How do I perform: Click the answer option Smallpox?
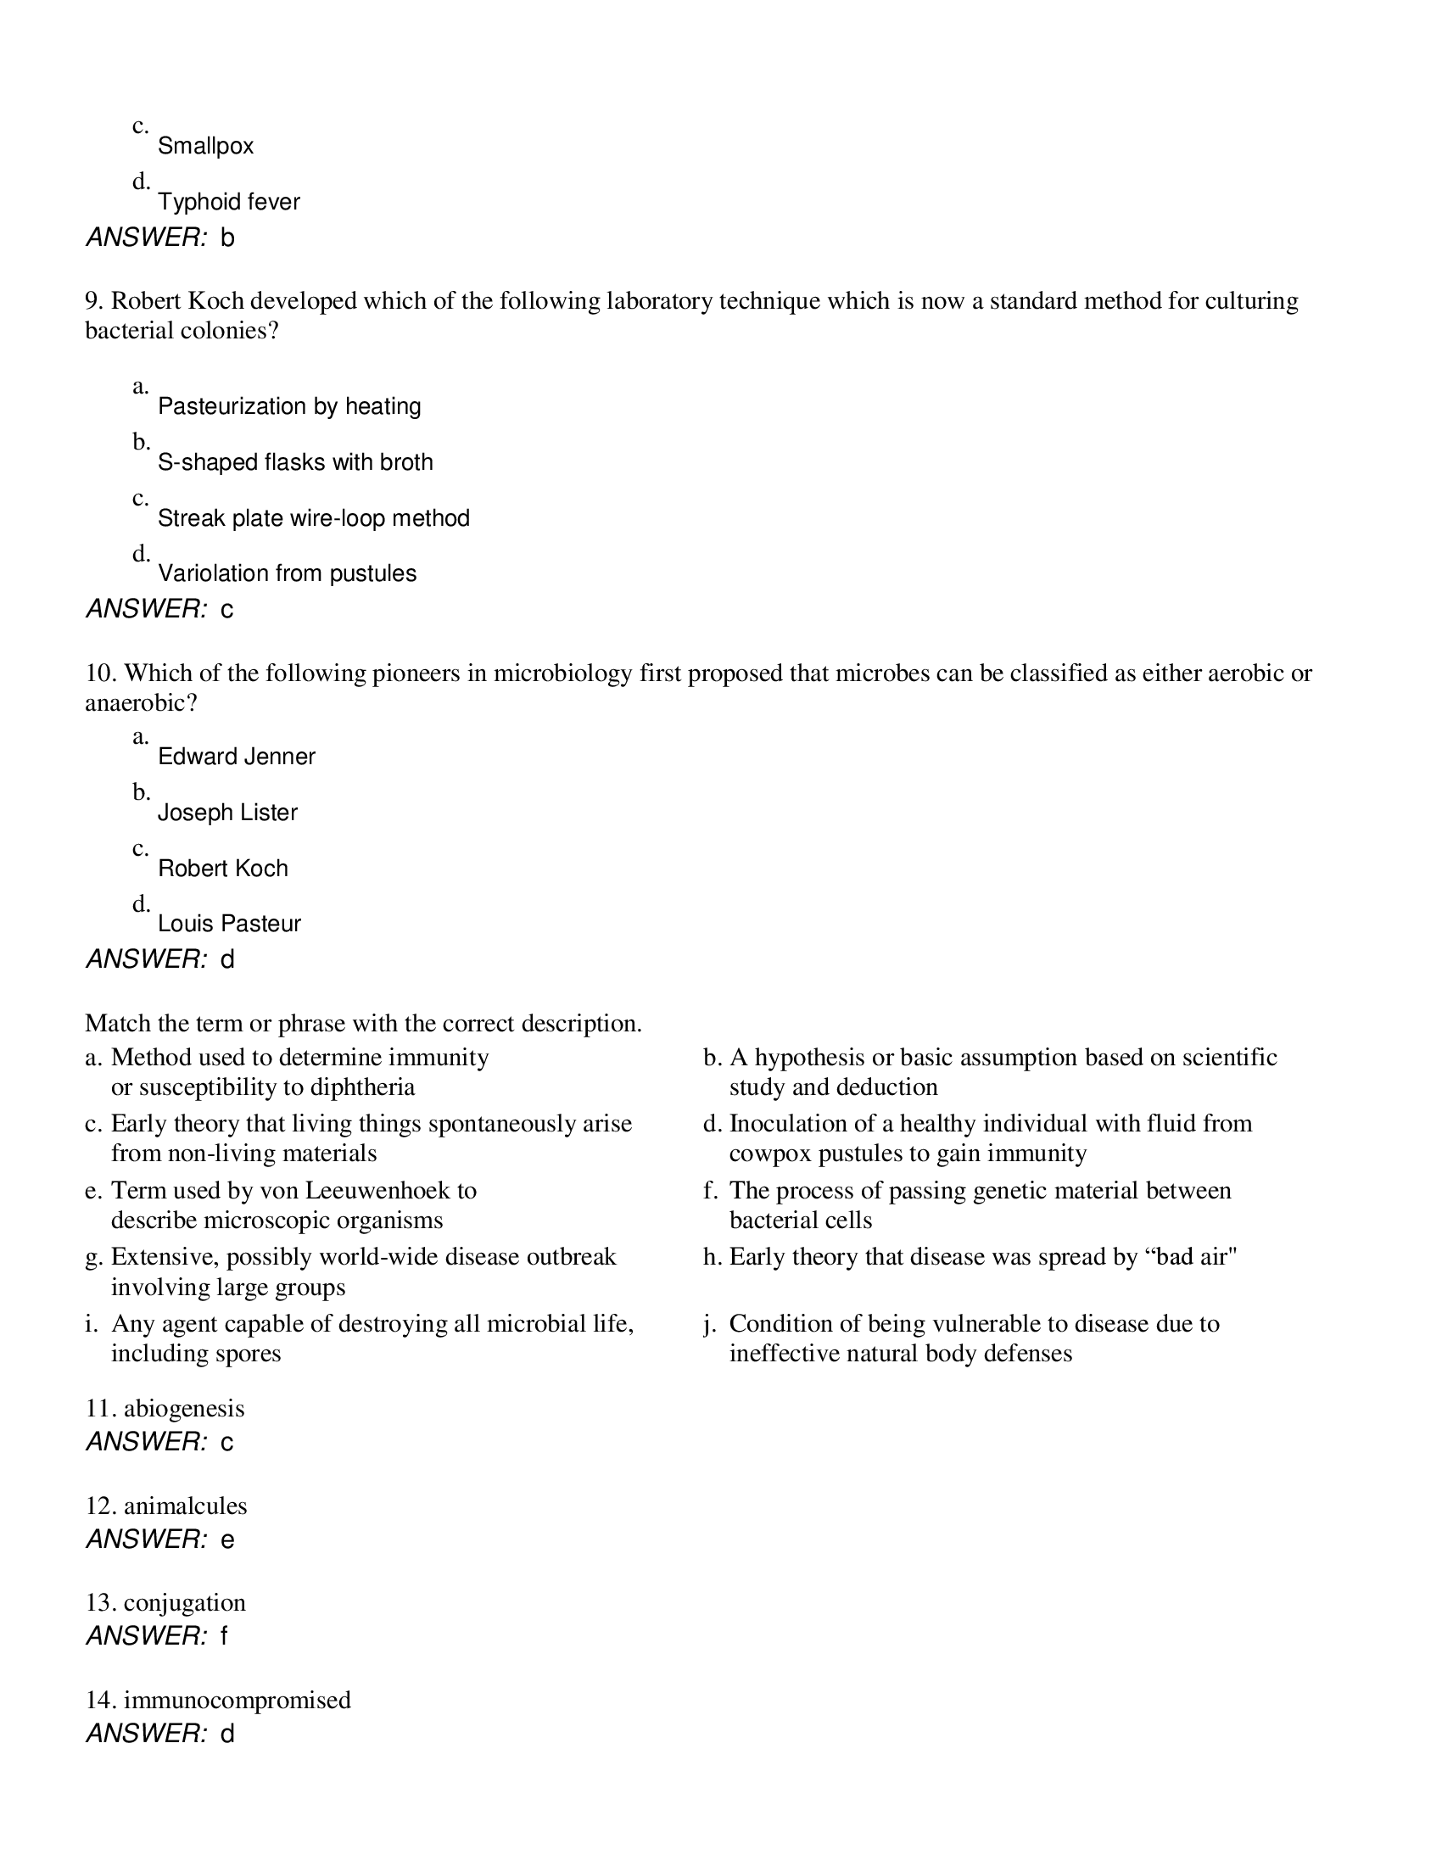pyautogui.click(x=205, y=146)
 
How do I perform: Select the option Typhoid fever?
pyautogui.click(x=228, y=203)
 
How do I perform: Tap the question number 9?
pyautogui.click(x=93, y=302)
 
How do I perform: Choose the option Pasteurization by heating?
pyautogui.click(x=288, y=406)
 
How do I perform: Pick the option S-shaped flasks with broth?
pyautogui.click(x=294, y=462)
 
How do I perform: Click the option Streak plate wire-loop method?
pyautogui.click(x=314, y=518)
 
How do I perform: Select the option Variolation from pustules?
pyautogui.click(x=287, y=573)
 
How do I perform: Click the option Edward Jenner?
pyautogui.click(x=237, y=757)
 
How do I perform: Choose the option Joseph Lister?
pyautogui.click(x=227, y=813)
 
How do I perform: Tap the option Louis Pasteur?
pyautogui.click(x=229, y=924)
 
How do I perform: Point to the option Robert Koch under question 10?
pyautogui.click(x=223, y=869)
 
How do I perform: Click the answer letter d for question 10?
pyautogui.click(x=227, y=960)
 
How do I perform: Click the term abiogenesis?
pyautogui.click(x=184, y=1409)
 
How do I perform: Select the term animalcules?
pyautogui.click(x=186, y=1506)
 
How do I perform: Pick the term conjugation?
pyautogui.click(x=185, y=1603)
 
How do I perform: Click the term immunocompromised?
pyautogui.click(x=237, y=1701)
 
